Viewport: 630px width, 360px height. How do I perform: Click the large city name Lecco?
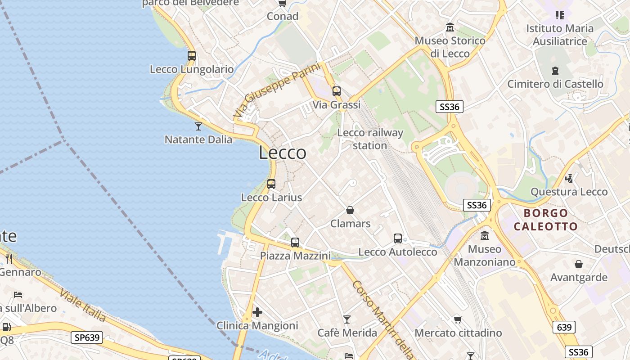(x=283, y=153)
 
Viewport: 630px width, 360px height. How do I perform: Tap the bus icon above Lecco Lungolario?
(x=192, y=56)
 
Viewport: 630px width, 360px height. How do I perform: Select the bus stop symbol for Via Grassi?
(x=337, y=91)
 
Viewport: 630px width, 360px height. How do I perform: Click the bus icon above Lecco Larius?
(x=271, y=184)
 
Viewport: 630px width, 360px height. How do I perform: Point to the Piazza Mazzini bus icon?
(x=295, y=243)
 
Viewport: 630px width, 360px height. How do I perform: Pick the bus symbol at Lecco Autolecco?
(x=398, y=238)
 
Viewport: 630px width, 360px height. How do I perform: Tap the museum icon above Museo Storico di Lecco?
(x=450, y=27)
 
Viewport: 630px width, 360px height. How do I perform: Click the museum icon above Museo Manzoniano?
(x=485, y=236)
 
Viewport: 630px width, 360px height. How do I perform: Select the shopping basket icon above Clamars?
(x=350, y=210)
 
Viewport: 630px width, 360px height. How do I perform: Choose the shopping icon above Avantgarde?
(x=579, y=264)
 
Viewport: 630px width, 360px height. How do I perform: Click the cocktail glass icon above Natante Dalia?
(x=198, y=126)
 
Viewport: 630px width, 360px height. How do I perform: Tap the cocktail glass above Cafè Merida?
(x=347, y=319)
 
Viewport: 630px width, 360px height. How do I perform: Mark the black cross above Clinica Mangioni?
(x=257, y=312)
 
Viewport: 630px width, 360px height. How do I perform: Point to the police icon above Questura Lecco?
(x=569, y=178)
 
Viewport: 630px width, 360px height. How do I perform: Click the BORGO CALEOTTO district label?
(x=546, y=220)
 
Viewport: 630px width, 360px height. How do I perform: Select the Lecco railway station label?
(x=370, y=139)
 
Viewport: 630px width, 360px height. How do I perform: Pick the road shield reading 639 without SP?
(x=564, y=327)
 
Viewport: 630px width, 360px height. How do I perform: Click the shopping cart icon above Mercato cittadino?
(x=458, y=319)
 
